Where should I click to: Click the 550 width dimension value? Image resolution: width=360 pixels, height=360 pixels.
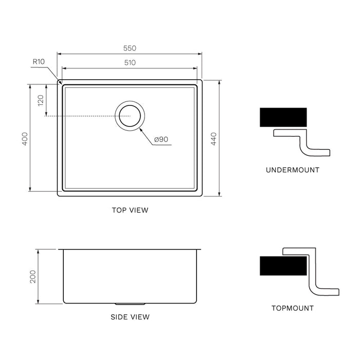pyautogui.click(x=130, y=48)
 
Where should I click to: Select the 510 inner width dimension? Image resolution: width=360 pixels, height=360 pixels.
pyautogui.click(x=130, y=62)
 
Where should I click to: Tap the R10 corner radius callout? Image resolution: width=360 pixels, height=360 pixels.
pyautogui.click(x=39, y=62)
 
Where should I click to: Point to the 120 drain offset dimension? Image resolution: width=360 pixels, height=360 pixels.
pyautogui.click(x=41, y=100)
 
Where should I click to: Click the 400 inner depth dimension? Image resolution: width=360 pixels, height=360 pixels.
pyautogui.click(x=25, y=139)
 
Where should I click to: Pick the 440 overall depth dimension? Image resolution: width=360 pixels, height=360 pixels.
pyautogui.click(x=213, y=139)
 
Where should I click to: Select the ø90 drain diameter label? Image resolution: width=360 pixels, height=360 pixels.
pyautogui.click(x=161, y=139)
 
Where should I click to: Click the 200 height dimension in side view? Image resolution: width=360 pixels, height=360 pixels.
pyautogui.click(x=33, y=277)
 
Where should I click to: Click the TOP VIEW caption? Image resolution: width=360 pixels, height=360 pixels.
pyautogui.click(x=130, y=210)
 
